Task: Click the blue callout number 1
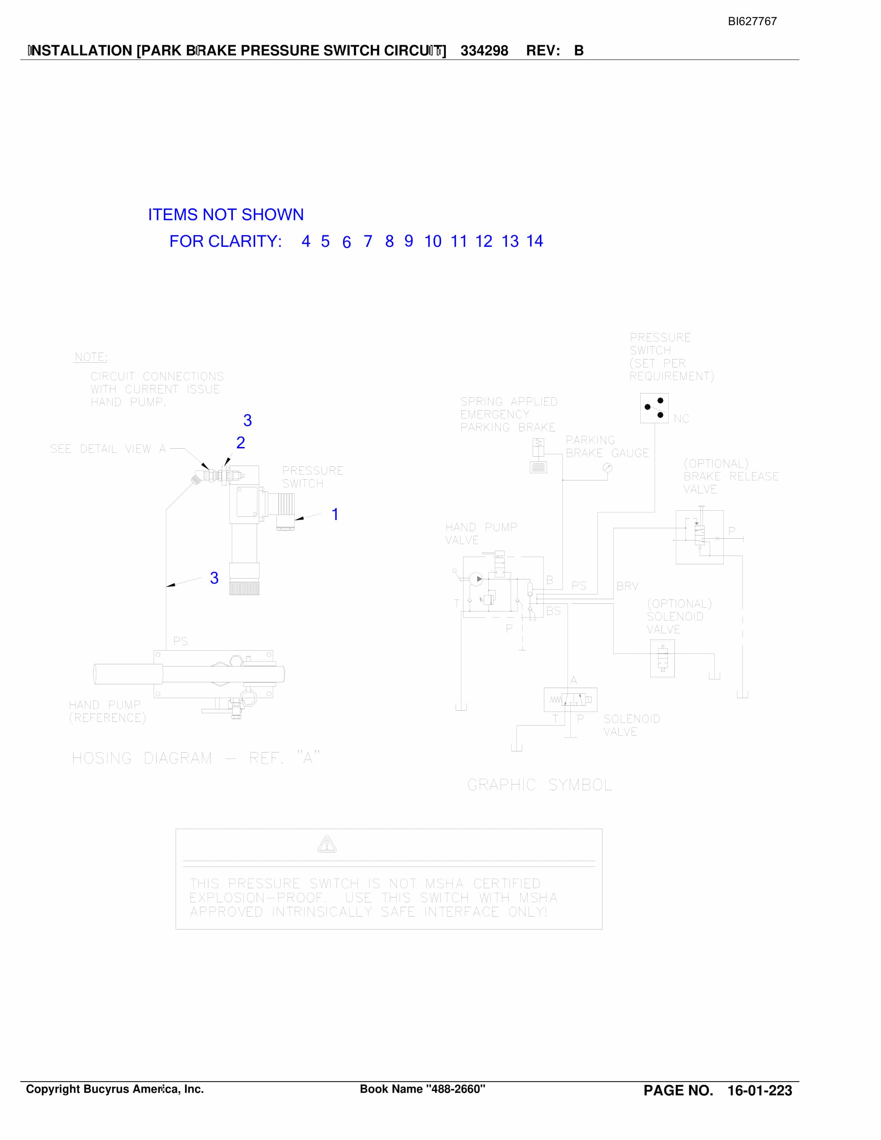click(x=335, y=514)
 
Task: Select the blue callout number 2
click(x=241, y=443)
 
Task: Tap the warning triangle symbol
click(x=327, y=844)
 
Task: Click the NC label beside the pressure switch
click(x=681, y=419)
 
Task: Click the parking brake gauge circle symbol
click(x=607, y=468)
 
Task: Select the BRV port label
click(x=627, y=586)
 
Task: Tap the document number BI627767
click(x=752, y=21)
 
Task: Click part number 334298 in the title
click(x=484, y=51)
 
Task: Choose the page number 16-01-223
click(x=760, y=1090)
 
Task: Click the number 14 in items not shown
click(x=534, y=241)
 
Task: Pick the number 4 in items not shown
click(x=306, y=241)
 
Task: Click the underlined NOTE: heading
click(x=91, y=357)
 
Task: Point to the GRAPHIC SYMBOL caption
click(x=540, y=784)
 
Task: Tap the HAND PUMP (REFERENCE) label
click(x=107, y=711)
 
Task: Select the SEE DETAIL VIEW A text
click(x=108, y=449)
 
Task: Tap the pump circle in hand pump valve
click(x=476, y=579)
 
